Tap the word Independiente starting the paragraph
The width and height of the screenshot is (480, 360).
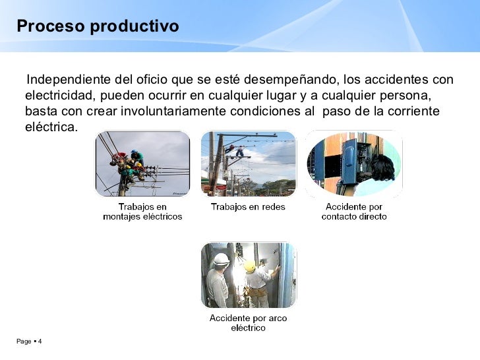[x=69, y=80]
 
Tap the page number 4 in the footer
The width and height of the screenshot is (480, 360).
[x=40, y=342]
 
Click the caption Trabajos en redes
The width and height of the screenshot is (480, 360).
[x=248, y=207]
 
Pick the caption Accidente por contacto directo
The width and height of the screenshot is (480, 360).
[x=354, y=212]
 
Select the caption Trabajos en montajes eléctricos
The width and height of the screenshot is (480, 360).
[x=142, y=212]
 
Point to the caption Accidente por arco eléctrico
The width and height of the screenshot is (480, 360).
[x=248, y=323]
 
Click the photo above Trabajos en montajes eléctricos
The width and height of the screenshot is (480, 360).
[x=142, y=164]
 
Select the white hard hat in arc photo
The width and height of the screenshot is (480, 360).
[x=222, y=259]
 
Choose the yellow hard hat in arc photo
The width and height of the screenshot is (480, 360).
[x=250, y=266]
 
